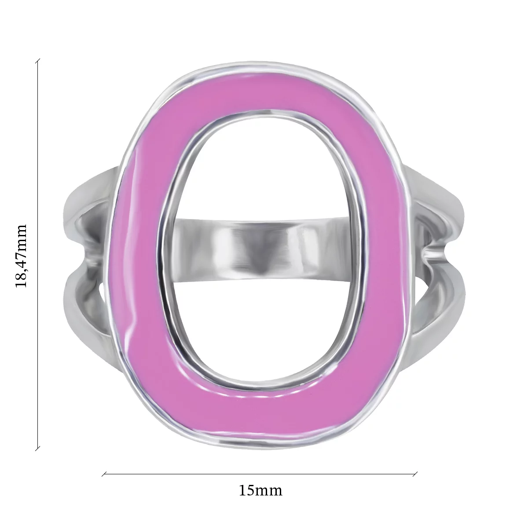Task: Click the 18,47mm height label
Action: (21, 256)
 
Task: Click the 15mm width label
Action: (260, 491)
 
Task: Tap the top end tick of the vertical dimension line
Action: (38, 61)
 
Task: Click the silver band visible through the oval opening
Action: (260, 248)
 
